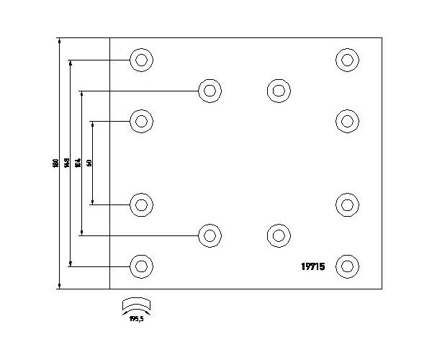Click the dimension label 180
55,163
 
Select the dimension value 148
66,163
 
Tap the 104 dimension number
78,163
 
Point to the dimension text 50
89,163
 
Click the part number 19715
312,266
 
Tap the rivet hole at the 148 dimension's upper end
142,60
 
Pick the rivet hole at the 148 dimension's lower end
142,266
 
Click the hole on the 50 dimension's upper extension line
142,121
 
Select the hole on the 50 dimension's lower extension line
142,205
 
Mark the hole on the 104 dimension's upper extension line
210,91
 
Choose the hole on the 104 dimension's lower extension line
210,235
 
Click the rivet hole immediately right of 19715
348,266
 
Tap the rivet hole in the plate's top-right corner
348,60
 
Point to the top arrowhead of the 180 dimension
59,40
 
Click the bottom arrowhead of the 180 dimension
59,286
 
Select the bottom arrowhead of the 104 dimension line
81,232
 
